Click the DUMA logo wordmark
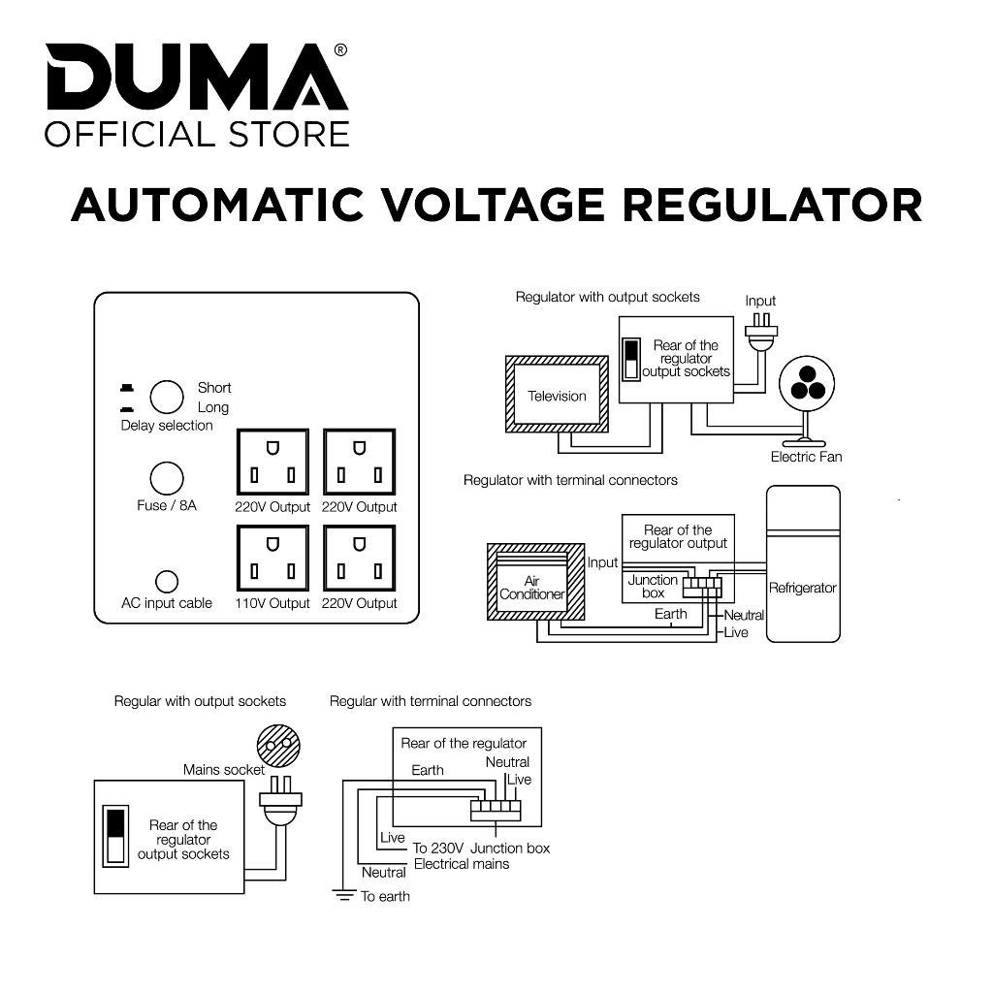(x=194, y=80)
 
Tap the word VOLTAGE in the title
(x=492, y=205)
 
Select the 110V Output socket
(x=272, y=560)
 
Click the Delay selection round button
(x=167, y=398)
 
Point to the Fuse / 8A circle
(x=167, y=479)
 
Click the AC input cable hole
(x=167, y=582)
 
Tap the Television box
(x=557, y=396)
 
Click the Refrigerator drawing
(x=803, y=563)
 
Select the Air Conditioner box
(x=531, y=588)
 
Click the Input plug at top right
(x=762, y=334)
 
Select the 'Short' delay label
(x=214, y=388)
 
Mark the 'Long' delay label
(x=213, y=407)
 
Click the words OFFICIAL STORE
(x=197, y=134)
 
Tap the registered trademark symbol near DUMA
(x=340, y=49)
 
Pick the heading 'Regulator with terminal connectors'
(x=570, y=480)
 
